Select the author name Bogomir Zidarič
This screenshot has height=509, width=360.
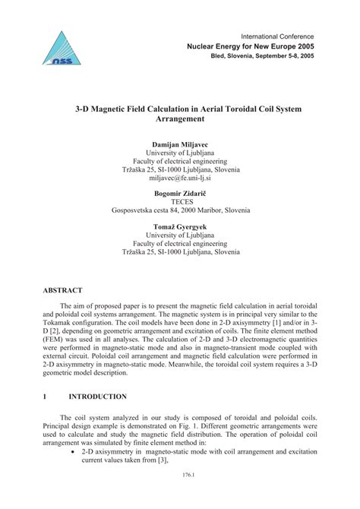click(x=180, y=194)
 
